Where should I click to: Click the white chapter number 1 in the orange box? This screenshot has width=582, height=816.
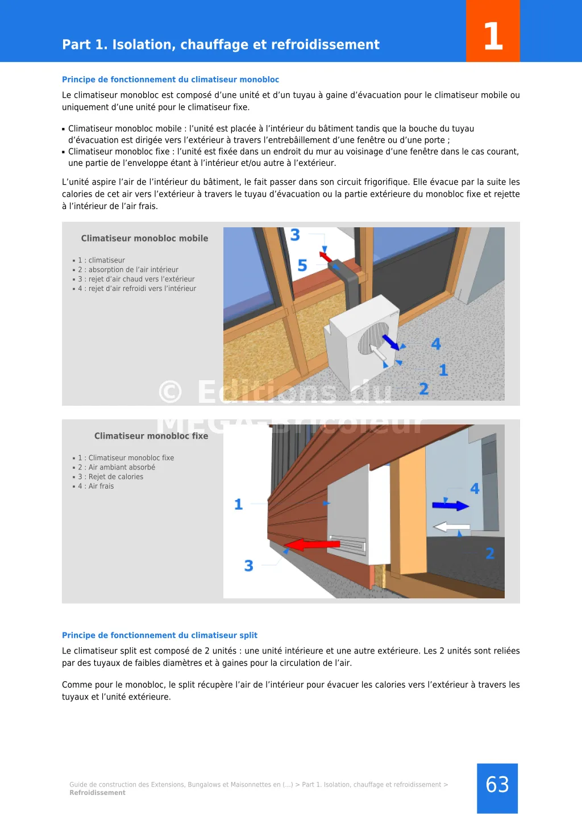(x=493, y=36)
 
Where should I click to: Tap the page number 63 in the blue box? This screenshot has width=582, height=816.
(x=497, y=785)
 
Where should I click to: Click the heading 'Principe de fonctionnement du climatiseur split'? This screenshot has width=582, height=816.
(x=160, y=635)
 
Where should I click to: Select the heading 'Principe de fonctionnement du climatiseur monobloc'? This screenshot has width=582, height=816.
(x=171, y=80)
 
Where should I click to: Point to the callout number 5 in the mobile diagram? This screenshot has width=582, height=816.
(x=302, y=265)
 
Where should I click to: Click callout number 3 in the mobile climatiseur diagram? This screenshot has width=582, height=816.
(x=295, y=235)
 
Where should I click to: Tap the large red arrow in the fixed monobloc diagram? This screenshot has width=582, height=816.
(x=312, y=545)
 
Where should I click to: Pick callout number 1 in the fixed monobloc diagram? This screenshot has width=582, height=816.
(x=239, y=504)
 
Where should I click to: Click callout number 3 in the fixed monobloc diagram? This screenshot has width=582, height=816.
(x=248, y=565)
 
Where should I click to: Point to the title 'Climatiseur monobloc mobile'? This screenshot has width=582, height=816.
(x=144, y=239)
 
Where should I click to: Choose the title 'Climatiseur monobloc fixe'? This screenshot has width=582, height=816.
(x=151, y=436)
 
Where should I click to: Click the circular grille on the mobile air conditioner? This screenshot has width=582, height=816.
(x=373, y=339)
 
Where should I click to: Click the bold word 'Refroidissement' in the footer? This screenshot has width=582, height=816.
(x=97, y=793)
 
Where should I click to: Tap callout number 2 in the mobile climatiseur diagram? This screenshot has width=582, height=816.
(x=423, y=389)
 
